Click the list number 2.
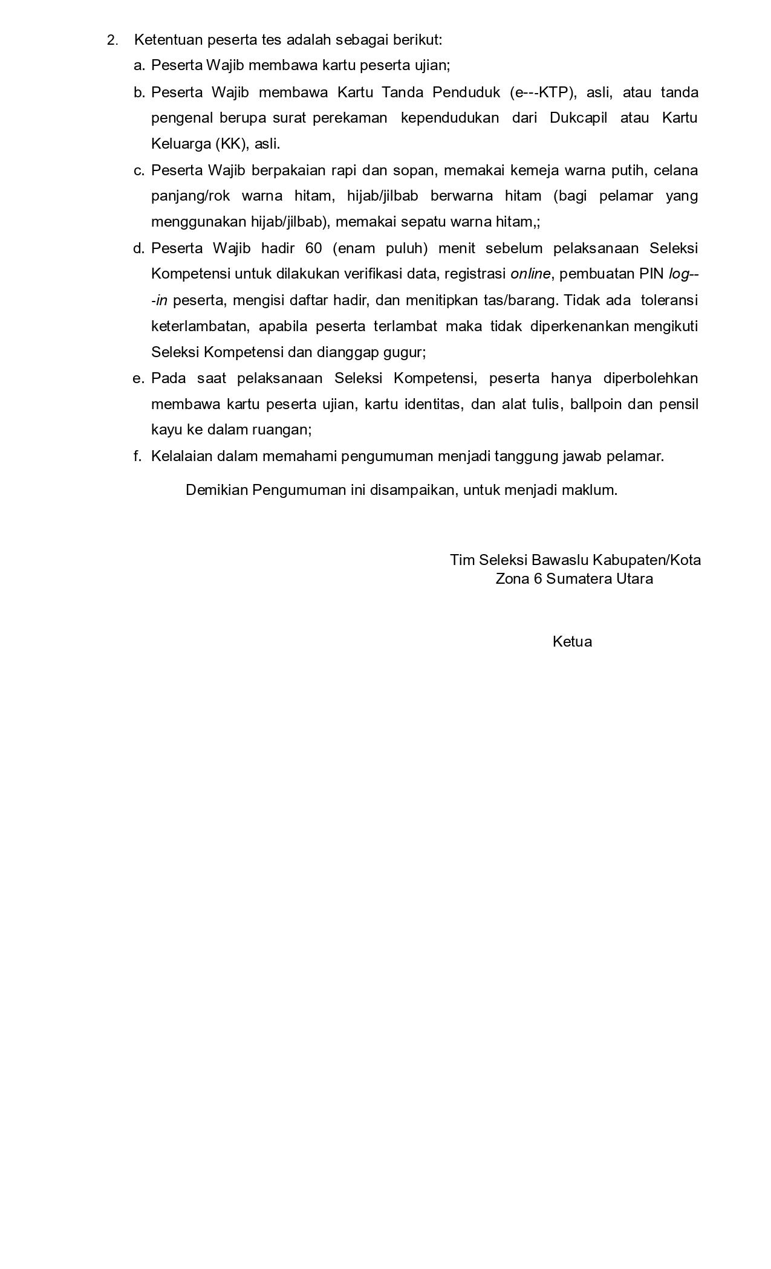112,40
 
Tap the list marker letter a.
139,65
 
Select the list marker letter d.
139,248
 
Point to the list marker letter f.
137,456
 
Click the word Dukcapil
578,118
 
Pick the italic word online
530,274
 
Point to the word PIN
651,274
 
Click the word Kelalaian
182,456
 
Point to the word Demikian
216,490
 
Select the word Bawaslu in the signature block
560,560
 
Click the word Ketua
572,642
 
